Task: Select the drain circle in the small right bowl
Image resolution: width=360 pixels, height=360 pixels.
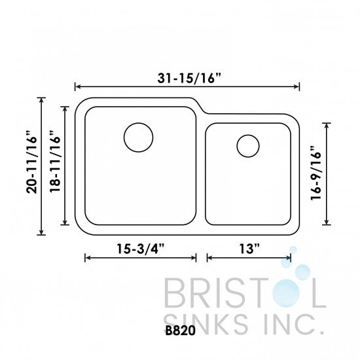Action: (x=248, y=146)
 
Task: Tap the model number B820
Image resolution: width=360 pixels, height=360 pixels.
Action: (x=180, y=331)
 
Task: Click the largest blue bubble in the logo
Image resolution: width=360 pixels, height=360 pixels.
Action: (x=302, y=274)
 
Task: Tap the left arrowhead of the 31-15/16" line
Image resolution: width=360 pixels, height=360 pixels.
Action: (x=77, y=86)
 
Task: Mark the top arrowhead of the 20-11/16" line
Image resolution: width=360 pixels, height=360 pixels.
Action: (x=42, y=100)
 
